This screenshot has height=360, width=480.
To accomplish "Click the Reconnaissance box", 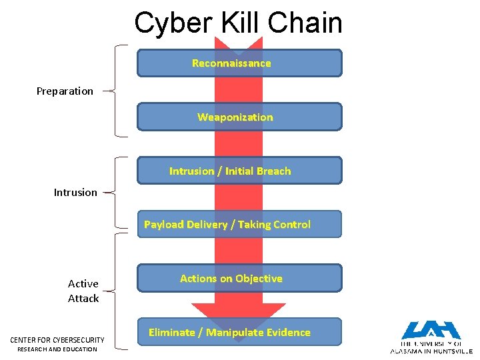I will click(x=239, y=63).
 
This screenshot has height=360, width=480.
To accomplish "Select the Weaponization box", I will click(x=239, y=117).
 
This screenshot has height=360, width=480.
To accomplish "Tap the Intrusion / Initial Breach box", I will click(x=239, y=171).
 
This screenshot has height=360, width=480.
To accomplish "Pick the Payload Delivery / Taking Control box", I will click(x=239, y=225).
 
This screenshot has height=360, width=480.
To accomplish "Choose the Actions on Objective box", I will click(x=239, y=279).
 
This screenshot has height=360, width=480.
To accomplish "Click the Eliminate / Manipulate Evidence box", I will click(x=239, y=332).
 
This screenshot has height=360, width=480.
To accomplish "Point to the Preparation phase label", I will click(x=65, y=91).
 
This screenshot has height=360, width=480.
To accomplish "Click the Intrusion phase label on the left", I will click(x=75, y=193).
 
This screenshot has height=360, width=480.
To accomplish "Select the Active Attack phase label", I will click(x=83, y=291).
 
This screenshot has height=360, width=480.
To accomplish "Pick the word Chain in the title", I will click(x=307, y=23).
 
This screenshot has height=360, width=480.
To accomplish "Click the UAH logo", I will click(x=430, y=337).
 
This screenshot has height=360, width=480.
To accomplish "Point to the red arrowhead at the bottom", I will click(x=238, y=313).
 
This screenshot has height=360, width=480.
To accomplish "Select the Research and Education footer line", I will click(x=57, y=349).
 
